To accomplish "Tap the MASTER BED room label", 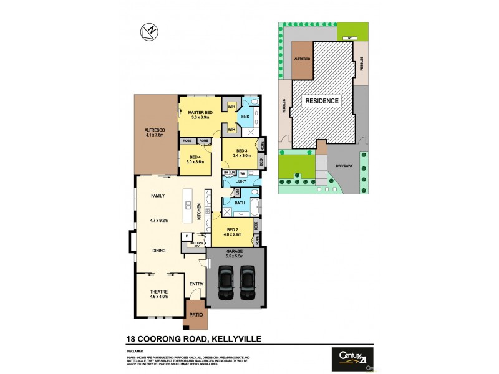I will point(200,112).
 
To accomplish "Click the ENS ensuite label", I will point(245,117).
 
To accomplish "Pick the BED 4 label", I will point(195,157).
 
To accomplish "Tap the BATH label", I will point(239,203).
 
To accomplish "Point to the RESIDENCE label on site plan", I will point(321,100).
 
